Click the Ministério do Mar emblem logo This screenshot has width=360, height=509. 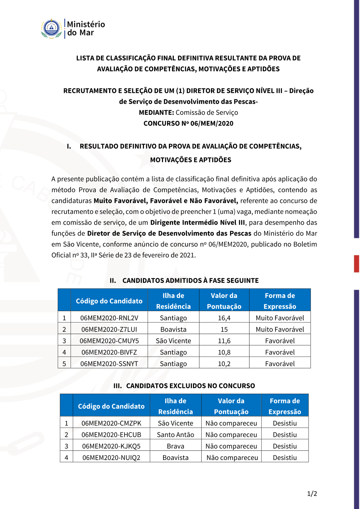[x=51, y=29]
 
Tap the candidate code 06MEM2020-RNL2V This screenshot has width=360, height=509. [x=109, y=318]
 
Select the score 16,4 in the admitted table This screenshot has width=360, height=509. [x=224, y=318]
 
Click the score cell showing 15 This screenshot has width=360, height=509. [x=224, y=329]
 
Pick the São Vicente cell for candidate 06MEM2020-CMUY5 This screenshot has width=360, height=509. [x=173, y=341]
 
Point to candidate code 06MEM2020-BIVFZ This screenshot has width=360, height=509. [x=109, y=352]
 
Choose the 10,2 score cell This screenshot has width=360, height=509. [x=224, y=364]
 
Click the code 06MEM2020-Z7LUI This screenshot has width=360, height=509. [x=109, y=329]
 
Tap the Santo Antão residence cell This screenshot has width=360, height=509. [x=175, y=435]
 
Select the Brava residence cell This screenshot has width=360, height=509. [x=175, y=446]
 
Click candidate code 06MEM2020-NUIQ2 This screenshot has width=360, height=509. [x=111, y=458]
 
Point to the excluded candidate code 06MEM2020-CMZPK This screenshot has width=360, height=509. [x=111, y=423]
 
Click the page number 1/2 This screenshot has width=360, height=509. [x=312, y=494]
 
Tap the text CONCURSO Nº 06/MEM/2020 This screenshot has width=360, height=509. [x=188, y=123]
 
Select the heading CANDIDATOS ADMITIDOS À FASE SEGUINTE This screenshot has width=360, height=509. [x=190, y=280]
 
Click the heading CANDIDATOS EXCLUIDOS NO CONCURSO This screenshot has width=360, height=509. [x=190, y=386]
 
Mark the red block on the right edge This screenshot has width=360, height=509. [x=356, y=263]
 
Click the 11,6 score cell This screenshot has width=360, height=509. [x=224, y=341]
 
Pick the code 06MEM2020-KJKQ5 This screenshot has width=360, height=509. [x=111, y=446]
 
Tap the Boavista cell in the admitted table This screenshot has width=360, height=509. [x=173, y=329]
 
